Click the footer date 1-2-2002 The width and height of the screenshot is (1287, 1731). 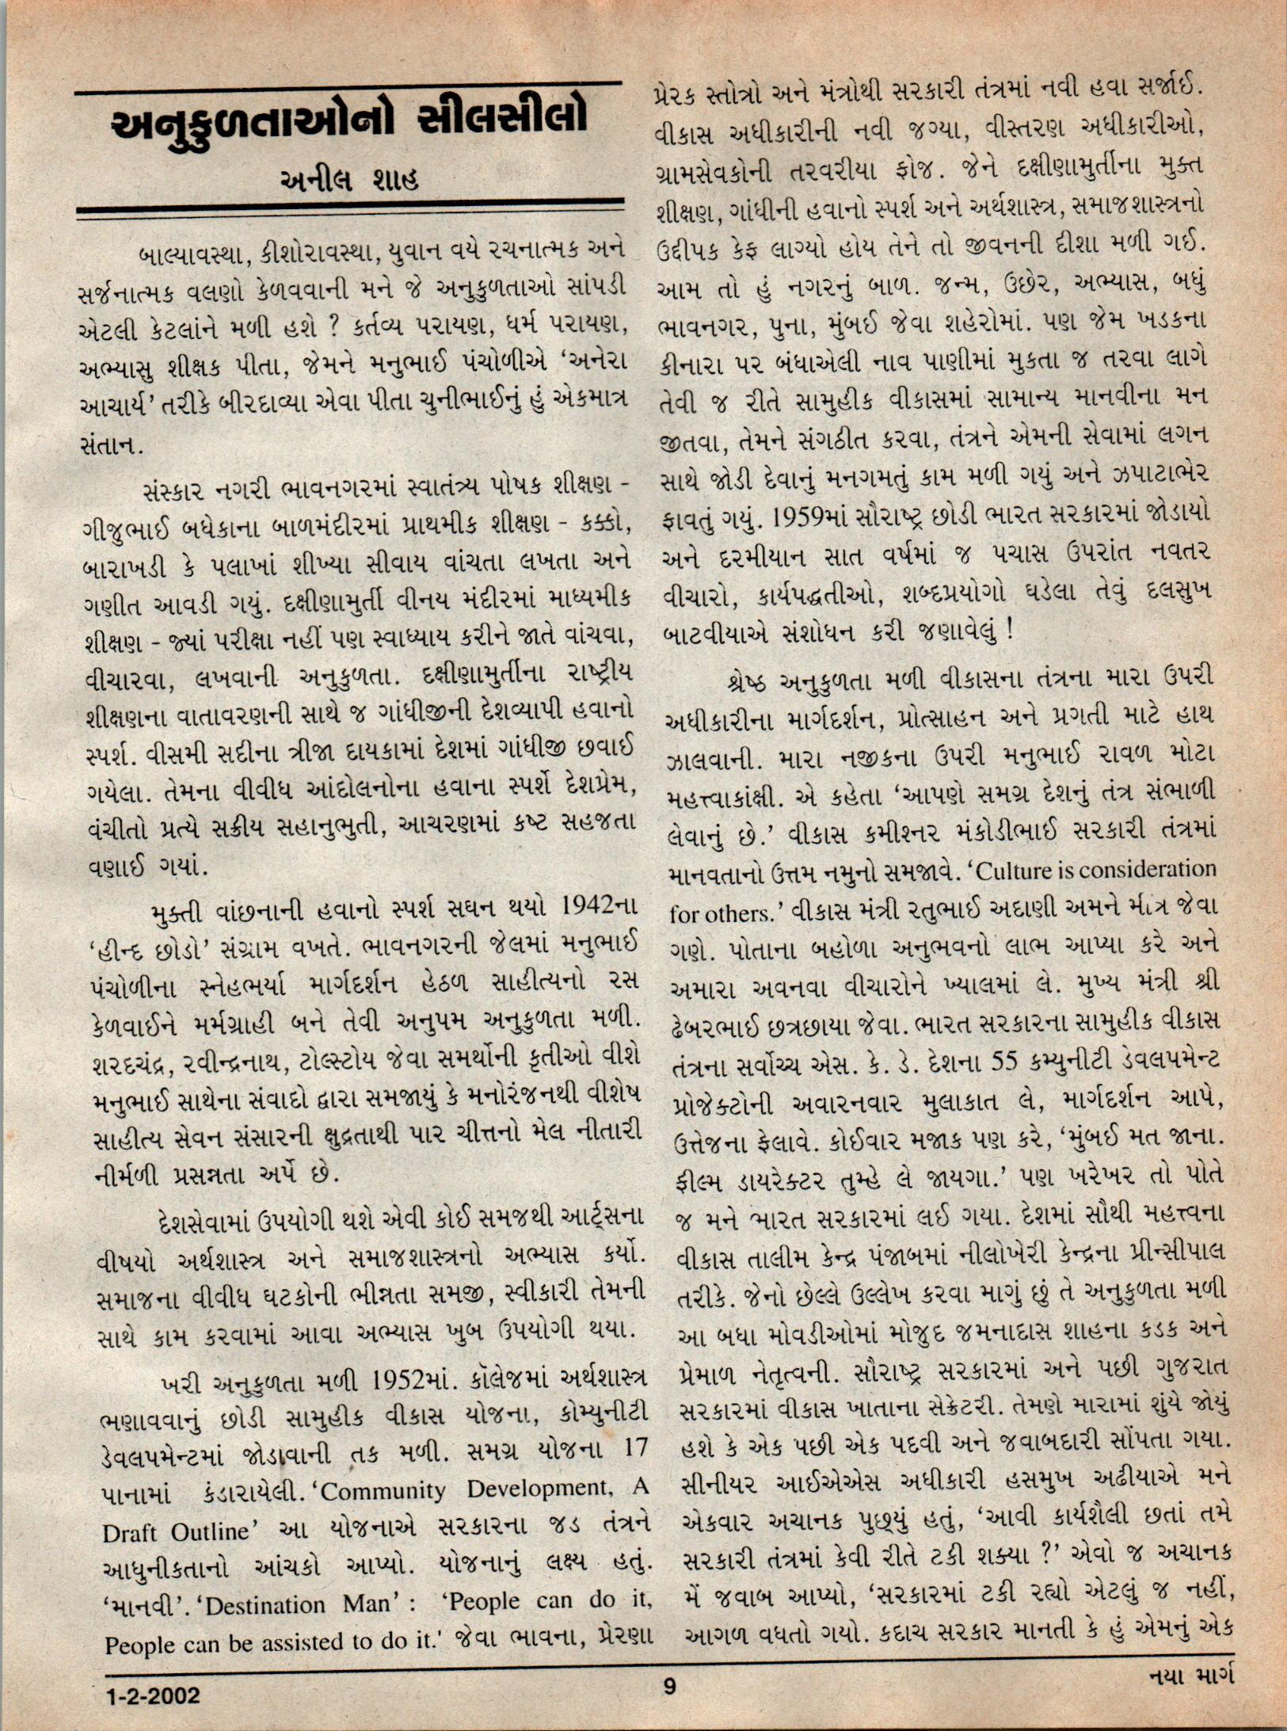tap(152, 1696)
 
